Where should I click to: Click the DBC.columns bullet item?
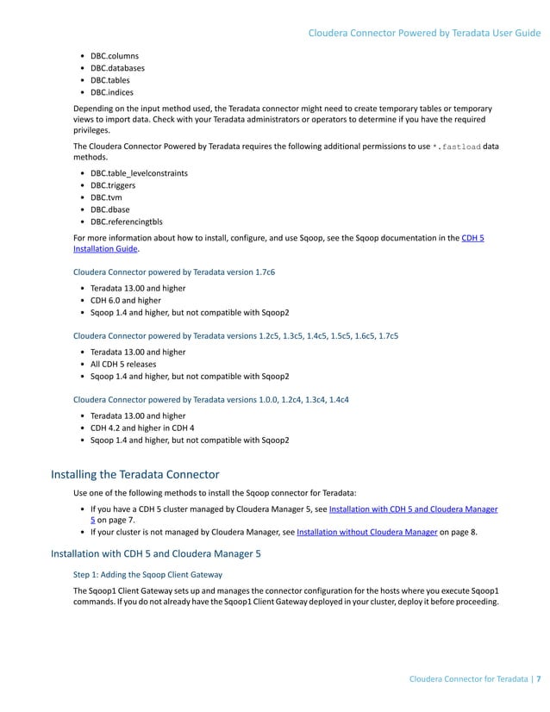[115, 55]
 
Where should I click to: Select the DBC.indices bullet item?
[112, 91]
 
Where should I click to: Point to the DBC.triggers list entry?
[113, 184]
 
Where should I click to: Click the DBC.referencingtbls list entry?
[126, 221]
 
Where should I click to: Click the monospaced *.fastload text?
[456, 147]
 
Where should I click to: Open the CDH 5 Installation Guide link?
[472, 238]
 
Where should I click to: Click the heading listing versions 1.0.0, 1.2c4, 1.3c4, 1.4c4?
[210, 400]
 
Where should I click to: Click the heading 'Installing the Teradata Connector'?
[135, 474]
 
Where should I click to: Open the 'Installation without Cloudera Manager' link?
[366, 533]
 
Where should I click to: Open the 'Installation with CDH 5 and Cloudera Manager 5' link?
[413, 509]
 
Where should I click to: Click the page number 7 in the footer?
[539, 679]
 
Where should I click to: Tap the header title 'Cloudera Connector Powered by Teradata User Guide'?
[424, 33]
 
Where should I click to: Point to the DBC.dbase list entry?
[110, 209]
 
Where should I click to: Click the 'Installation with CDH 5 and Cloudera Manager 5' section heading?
[156, 553]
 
